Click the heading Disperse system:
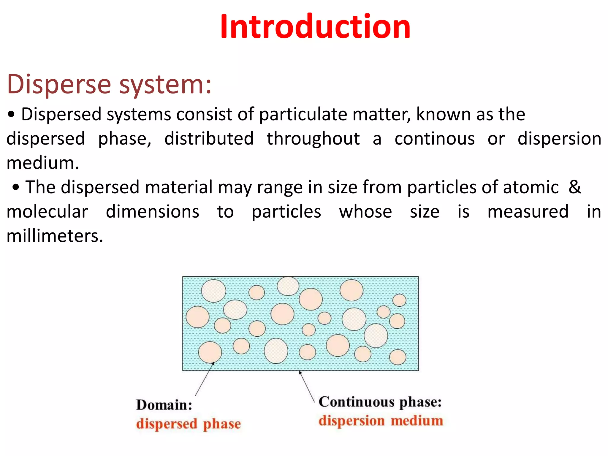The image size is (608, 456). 109,85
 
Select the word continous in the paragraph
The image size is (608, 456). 435,139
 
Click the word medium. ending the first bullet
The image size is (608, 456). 43,163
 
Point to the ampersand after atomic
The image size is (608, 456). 575,187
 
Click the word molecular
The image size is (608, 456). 47,212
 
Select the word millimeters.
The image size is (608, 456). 55,236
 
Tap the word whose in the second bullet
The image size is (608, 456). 365,212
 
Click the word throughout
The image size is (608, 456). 313,139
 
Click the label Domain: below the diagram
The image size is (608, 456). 164,405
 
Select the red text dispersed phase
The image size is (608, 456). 188,424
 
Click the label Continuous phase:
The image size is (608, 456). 380,402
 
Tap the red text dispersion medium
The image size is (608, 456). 381,421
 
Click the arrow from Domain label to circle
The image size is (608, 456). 204,379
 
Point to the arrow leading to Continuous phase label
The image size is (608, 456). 307,386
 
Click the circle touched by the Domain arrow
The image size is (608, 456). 210,352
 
